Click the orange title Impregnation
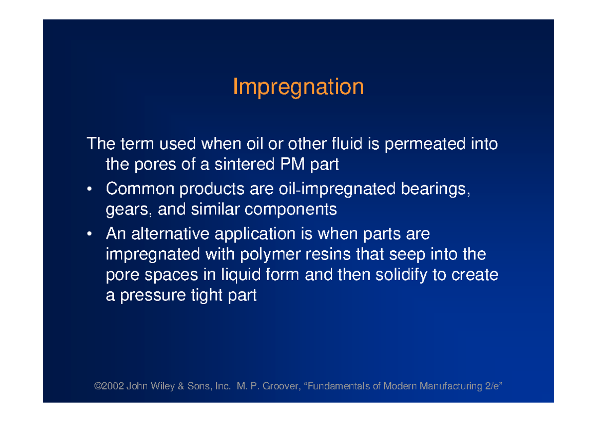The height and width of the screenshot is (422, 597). click(298, 87)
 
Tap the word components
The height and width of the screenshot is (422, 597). click(291, 210)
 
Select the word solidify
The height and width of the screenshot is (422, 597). click(401, 275)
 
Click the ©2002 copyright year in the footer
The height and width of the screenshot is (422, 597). click(108, 386)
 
